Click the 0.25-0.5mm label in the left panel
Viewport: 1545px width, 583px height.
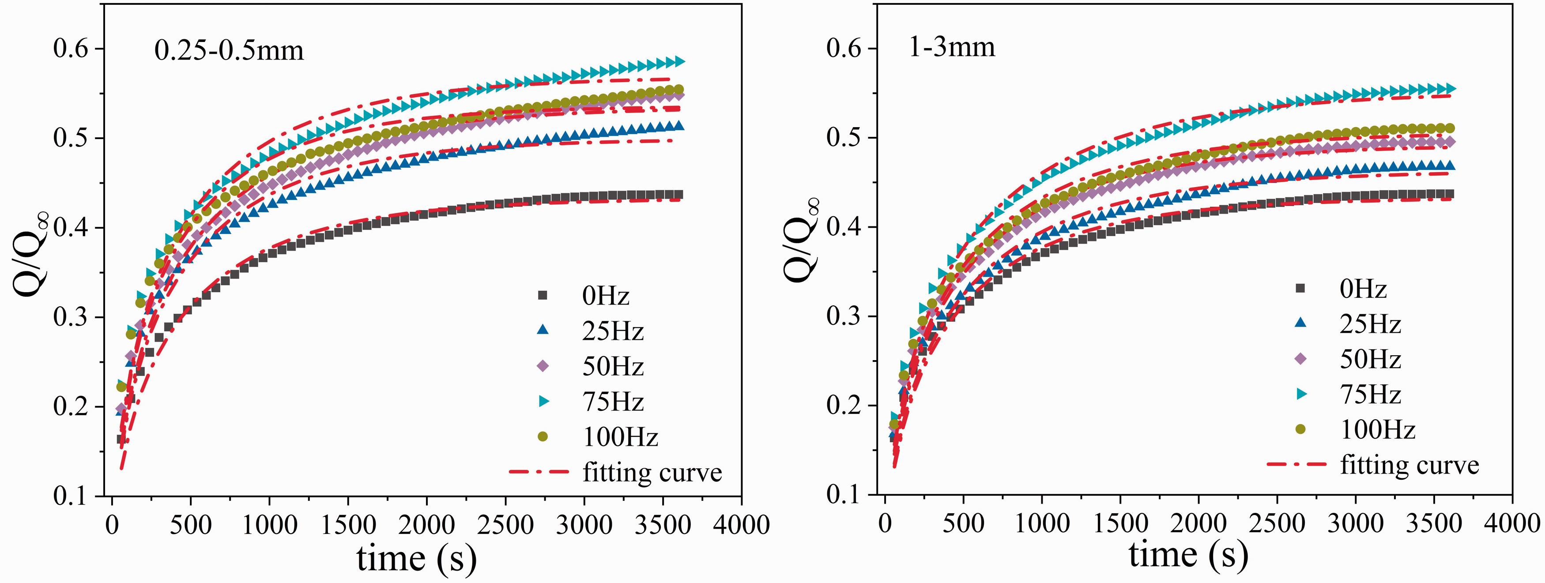(229, 50)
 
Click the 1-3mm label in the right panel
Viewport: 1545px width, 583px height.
(952, 47)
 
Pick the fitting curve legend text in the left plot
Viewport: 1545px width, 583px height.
(652, 472)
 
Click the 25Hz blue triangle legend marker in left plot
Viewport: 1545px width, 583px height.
(543, 330)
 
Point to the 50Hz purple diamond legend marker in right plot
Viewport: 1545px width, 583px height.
(1300, 359)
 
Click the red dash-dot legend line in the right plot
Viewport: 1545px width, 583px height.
(1296, 464)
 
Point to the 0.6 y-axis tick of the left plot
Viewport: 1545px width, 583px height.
(71, 49)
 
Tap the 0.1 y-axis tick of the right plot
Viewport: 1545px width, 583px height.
(844, 494)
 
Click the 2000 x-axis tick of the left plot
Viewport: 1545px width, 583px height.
(426, 525)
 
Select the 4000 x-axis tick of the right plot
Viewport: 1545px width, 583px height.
(1512, 523)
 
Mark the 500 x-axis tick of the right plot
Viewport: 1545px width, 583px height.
(963, 523)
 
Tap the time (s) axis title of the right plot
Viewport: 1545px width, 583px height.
(1189, 555)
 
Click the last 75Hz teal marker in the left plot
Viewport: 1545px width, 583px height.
(679, 61)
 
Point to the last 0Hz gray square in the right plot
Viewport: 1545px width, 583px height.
(1450, 194)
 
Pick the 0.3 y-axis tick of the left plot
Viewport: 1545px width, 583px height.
(71, 317)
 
